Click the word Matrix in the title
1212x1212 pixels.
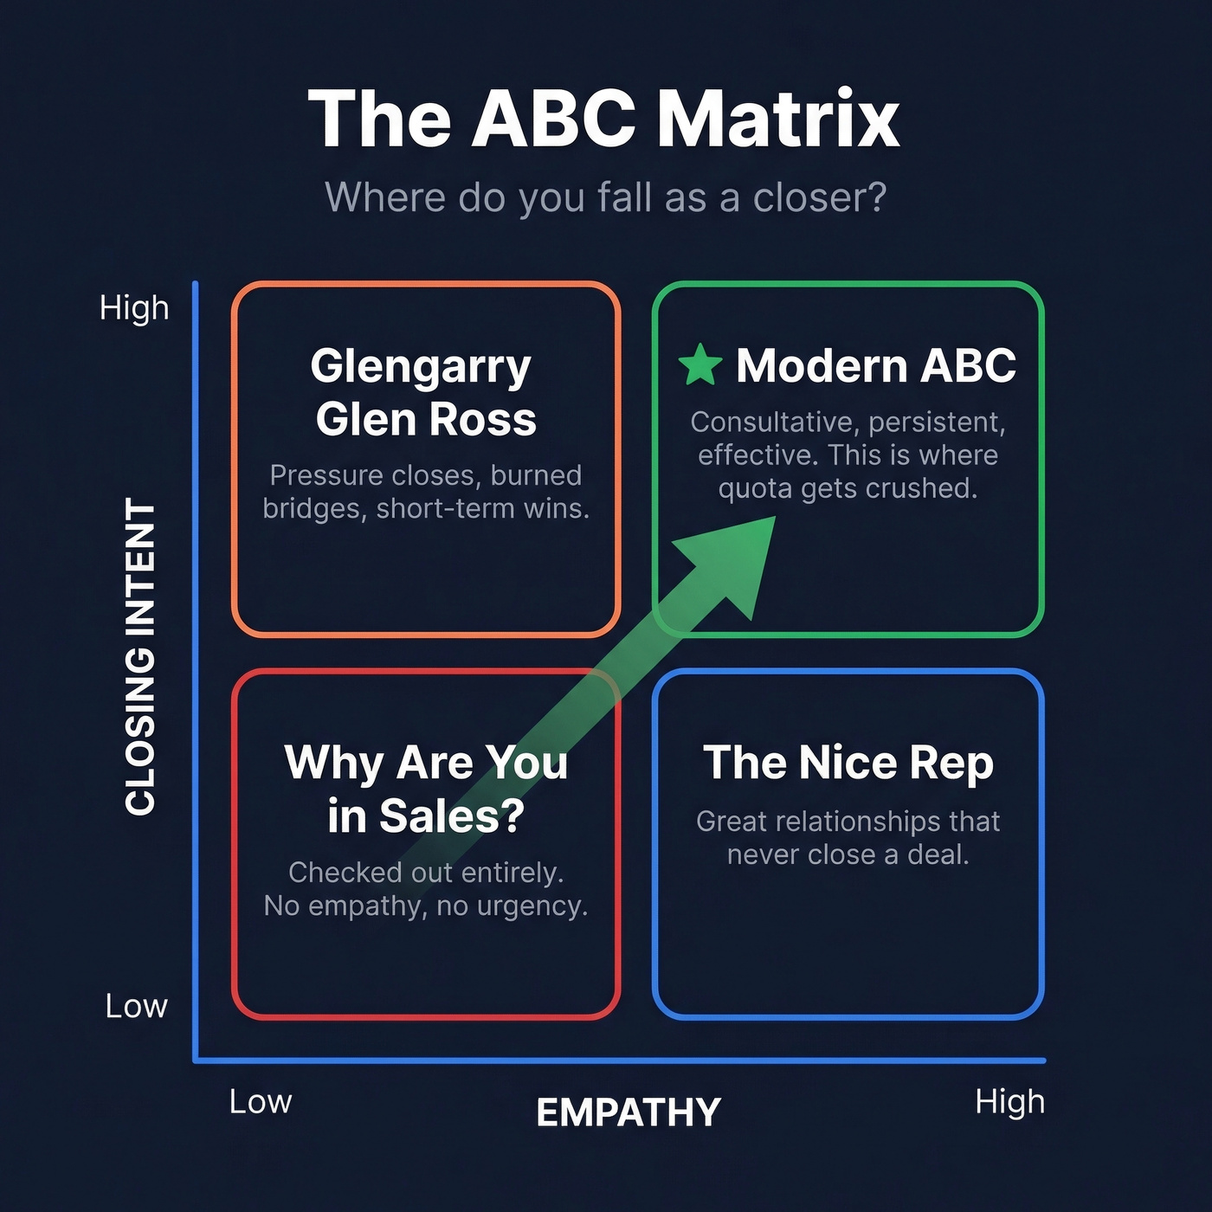pyautogui.click(x=778, y=119)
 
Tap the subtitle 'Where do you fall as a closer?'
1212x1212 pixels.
pyautogui.click(x=605, y=197)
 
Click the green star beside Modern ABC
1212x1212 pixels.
pyautogui.click(x=700, y=364)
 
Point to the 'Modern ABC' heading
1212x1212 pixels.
pyautogui.click(x=875, y=365)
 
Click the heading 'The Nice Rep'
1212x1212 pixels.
pyautogui.click(x=848, y=763)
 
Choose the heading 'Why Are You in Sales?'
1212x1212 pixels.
pyautogui.click(x=425, y=789)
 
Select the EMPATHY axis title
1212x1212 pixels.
pyautogui.click(x=629, y=1112)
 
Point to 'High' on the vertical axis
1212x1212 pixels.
pyautogui.click(x=134, y=308)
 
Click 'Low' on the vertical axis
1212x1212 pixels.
pyautogui.click(x=136, y=1006)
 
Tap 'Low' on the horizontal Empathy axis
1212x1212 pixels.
pyautogui.click(x=261, y=1101)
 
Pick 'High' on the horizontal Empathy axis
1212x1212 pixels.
pyautogui.click(x=1009, y=1101)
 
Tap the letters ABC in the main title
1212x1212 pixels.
pyautogui.click(x=553, y=119)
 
